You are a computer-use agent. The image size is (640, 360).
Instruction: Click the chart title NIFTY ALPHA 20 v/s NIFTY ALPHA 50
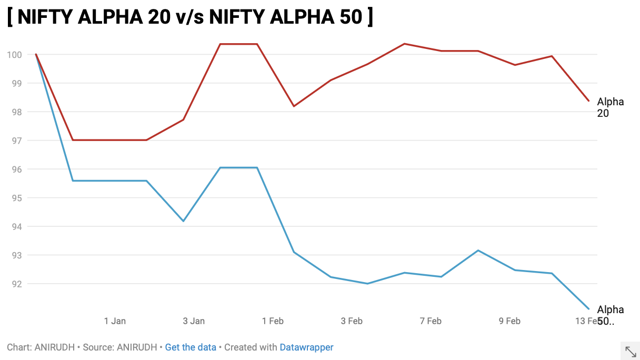(190, 17)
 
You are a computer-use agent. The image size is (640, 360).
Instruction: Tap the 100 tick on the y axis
(14, 55)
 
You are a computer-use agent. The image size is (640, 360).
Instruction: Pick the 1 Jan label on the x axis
(115, 321)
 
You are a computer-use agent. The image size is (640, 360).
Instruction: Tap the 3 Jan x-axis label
(194, 321)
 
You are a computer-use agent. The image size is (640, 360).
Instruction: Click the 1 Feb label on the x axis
(273, 321)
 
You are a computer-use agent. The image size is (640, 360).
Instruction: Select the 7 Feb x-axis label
(431, 321)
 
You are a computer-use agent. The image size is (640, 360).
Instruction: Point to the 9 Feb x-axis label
(509, 321)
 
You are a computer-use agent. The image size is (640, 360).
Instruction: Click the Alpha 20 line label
(610, 107)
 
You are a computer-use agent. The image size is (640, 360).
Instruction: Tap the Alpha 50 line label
(610, 315)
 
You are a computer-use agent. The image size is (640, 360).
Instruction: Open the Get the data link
(191, 347)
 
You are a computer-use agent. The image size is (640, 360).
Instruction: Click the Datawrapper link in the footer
(306, 347)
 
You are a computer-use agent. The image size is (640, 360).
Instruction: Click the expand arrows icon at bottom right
(631, 352)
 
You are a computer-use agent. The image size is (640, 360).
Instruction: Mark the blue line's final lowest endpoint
(588, 309)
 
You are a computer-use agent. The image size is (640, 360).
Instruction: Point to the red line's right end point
(588, 101)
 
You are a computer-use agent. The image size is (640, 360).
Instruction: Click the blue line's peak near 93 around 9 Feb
(478, 251)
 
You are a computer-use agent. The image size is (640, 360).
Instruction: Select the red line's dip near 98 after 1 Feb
(294, 106)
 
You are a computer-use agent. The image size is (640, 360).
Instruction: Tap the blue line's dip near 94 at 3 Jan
(183, 221)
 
